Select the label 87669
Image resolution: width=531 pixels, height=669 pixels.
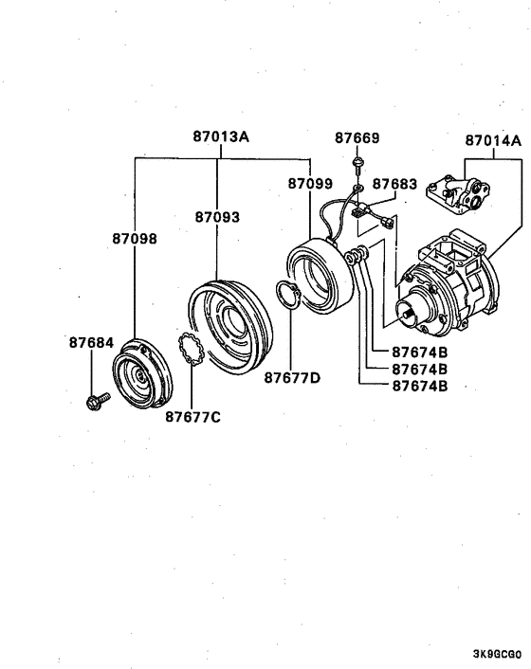click(x=357, y=138)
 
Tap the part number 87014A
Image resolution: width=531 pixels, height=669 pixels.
click(x=493, y=141)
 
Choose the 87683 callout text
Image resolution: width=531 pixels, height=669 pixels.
click(x=394, y=183)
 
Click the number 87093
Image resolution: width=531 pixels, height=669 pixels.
click(x=218, y=217)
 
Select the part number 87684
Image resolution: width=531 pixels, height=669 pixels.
click(x=90, y=342)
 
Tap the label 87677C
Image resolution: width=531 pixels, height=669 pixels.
click(x=192, y=415)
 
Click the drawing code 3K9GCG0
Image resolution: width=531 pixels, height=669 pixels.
click(x=496, y=654)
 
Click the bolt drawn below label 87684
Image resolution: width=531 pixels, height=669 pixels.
click(x=94, y=403)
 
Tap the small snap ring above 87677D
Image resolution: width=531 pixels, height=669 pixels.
click(x=288, y=296)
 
